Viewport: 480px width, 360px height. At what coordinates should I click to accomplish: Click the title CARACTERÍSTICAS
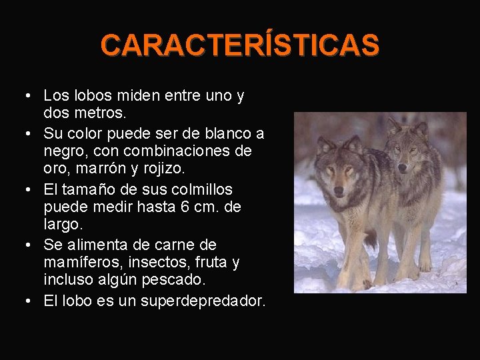point(240,45)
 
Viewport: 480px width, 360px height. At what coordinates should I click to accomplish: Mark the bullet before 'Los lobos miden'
point(25,96)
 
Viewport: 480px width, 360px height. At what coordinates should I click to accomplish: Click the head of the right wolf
point(407,149)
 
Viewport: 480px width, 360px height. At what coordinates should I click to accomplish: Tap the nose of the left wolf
point(339,191)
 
